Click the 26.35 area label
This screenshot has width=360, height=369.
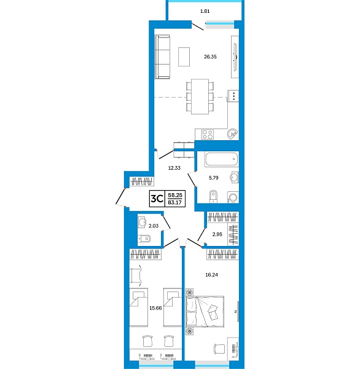tap(211, 56)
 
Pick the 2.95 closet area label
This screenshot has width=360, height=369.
tap(217, 234)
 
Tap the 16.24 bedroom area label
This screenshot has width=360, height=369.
tap(211, 275)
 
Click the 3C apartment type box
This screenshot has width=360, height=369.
tap(157, 199)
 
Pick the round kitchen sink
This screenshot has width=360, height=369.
tap(232, 133)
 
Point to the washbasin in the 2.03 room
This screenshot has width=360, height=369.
tap(142, 222)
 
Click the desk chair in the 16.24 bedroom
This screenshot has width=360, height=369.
tap(218, 347)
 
